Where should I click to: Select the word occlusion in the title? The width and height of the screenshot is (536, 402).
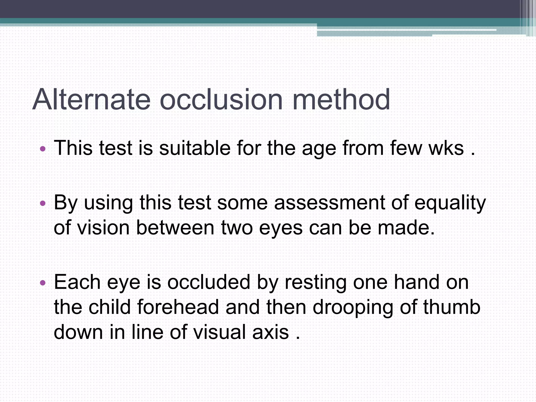point(221,99)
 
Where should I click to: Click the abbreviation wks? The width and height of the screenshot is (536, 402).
point(446,148)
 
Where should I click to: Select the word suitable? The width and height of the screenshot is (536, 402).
point(195,148)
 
